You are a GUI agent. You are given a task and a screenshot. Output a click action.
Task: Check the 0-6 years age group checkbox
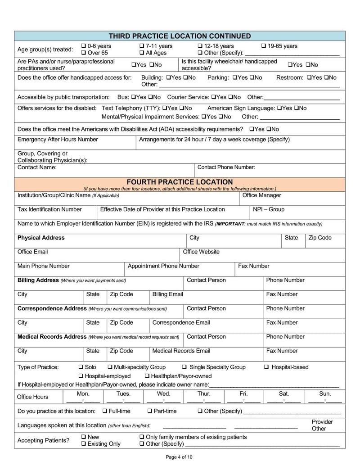(84, 46)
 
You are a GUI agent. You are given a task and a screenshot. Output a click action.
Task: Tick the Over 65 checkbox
(84, 53)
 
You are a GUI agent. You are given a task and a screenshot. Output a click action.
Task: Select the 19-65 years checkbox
(264, 46)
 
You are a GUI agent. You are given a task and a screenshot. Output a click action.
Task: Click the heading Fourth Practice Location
(180, 182)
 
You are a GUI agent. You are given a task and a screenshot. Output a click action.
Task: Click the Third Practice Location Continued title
(180, 36)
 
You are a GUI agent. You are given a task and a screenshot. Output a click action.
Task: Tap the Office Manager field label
(261, 195)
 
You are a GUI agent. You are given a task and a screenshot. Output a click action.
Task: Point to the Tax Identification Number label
(49, 209)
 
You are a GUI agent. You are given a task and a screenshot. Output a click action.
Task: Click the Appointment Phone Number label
(163, 266)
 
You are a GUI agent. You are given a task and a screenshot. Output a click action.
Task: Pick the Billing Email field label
(167, 294)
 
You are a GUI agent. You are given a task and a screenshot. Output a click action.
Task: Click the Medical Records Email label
(181, 351)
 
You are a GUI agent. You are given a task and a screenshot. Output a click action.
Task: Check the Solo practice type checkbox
(81, 367)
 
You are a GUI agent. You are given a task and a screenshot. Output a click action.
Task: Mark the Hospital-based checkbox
(267, 367)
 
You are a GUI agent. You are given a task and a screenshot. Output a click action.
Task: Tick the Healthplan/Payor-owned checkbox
(147, 376)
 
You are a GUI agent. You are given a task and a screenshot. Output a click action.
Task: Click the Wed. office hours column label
(163, 394)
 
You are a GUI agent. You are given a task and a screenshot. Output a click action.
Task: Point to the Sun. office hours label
(324, 394)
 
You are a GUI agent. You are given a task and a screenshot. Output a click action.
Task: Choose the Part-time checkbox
(150, 412)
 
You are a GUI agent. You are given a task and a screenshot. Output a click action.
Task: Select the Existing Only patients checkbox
(84, 444)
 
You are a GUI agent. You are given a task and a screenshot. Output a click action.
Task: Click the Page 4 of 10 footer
(179, 457)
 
